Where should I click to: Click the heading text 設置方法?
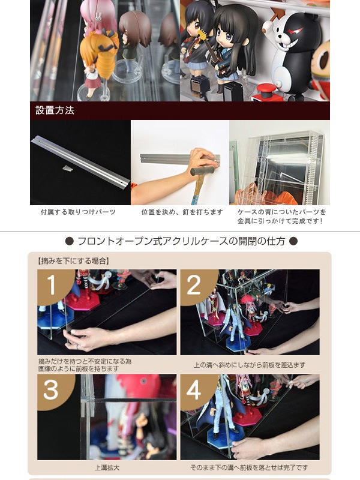(x=55, y=110)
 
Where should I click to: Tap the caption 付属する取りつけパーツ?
(x=79, y=212)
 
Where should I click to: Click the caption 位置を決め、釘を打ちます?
(x=182, y=212)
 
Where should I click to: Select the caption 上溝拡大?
(x=107, y=468)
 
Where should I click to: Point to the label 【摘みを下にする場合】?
(x=73, y=261)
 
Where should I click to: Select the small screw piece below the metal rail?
(x=67, y=168)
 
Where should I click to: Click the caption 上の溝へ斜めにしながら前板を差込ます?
(x=250, y=365)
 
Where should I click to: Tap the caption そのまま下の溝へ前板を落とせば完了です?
(x=249, y=467)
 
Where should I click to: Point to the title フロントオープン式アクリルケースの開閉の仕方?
(x=181, y=241)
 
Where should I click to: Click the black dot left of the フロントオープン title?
(x=70, y=241)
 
